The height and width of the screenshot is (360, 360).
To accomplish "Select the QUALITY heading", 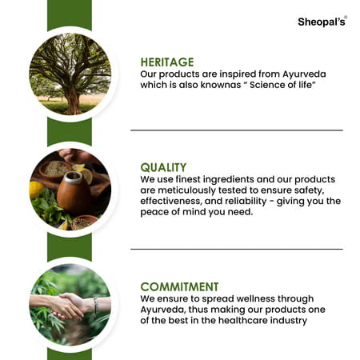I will [163, 167].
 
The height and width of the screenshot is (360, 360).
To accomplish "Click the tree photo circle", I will [70, 74].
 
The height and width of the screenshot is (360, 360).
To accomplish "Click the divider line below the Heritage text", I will [236, 130].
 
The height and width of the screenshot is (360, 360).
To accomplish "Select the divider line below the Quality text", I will [236, 249].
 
